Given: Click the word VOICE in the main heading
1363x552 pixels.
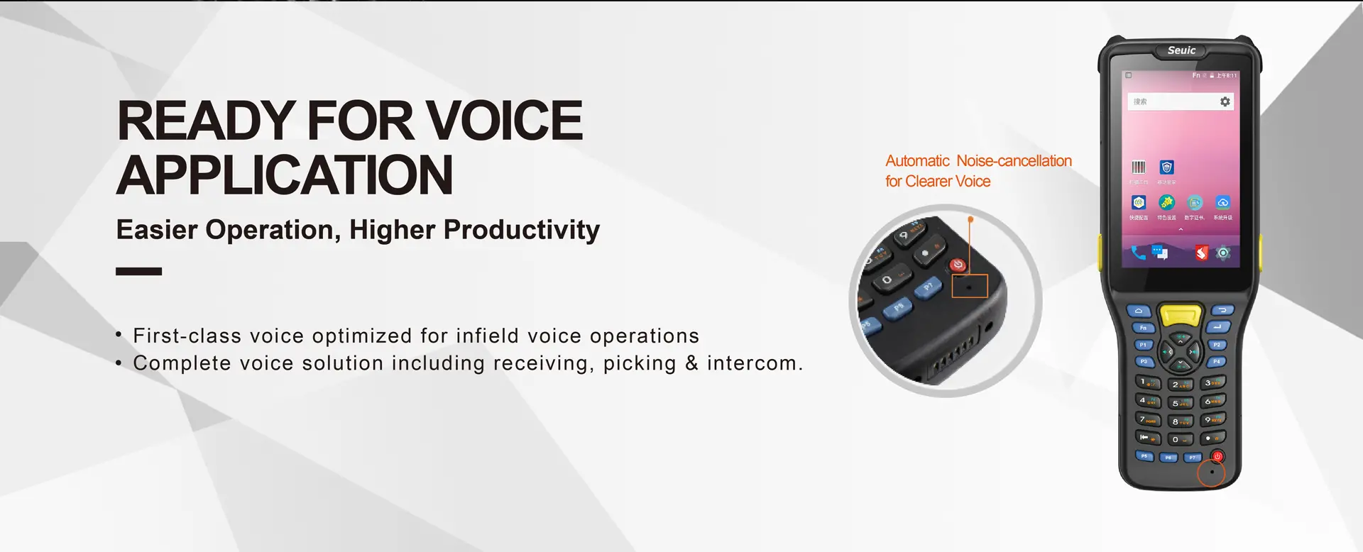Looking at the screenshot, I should (x=503, y=121).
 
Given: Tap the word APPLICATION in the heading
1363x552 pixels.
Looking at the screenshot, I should (x=285, y=175).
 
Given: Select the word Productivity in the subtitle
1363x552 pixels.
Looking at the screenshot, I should (x=521, y=230).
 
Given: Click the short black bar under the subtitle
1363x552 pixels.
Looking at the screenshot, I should (x=138, y=271).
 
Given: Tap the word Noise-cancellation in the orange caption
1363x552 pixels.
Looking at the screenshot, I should (x=1014, y=161).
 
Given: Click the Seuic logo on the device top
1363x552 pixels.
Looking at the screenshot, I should (x=1181, y=50).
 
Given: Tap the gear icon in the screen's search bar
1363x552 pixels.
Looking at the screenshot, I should (x=1225, y=101).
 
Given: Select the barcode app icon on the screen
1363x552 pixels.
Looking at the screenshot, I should (x=1139, y=167).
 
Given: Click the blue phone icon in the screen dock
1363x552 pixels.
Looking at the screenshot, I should (x=1138, y=253).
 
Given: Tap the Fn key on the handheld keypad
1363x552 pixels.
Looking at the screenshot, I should (x=1143, y=328).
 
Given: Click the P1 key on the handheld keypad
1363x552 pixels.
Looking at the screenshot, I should (x=1143, y=345).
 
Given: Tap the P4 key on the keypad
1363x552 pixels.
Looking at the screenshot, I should (x=1217, y=361).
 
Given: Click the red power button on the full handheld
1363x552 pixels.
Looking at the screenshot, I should (x=1217, y=456).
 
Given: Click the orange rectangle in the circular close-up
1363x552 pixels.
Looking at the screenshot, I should (x=970, y=286).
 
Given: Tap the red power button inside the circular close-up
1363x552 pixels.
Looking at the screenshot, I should (x=958, y=265).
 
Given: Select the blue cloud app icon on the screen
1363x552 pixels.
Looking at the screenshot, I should (x=1222, y=203).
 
